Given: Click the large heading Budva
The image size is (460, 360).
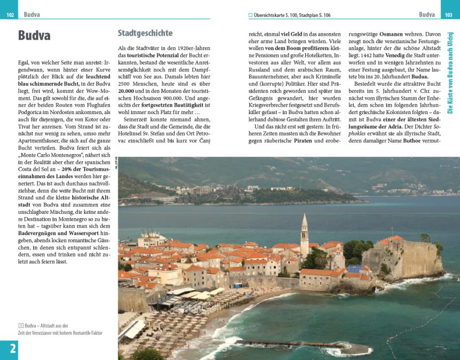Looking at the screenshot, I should [34, 35].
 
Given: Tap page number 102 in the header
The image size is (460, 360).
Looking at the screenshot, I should [10, 14].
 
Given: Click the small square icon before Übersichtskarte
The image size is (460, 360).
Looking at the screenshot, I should [250, 14].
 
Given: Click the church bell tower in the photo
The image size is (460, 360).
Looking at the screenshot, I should [304, 235].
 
